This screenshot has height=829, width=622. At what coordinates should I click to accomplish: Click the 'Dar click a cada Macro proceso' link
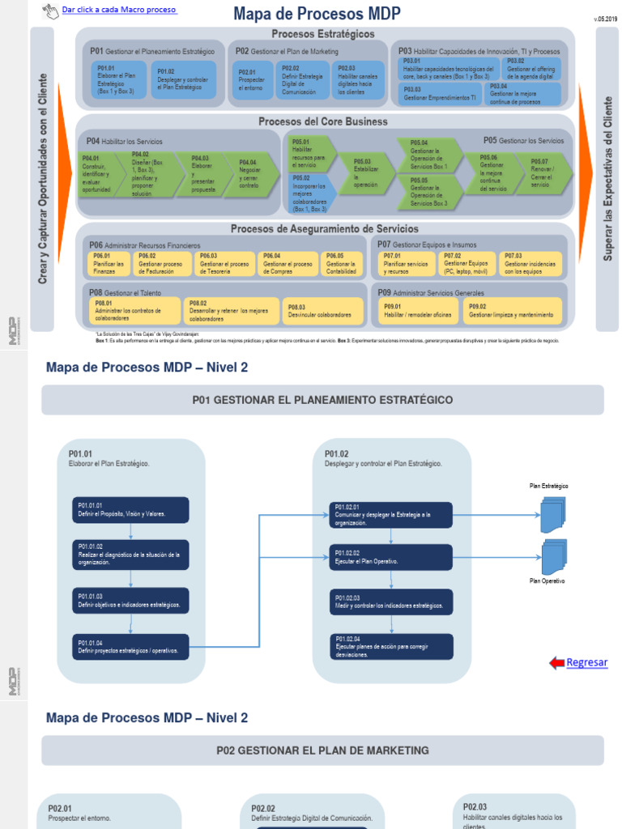(118, 10)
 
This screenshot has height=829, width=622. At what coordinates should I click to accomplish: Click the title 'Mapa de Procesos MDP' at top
(317, 14)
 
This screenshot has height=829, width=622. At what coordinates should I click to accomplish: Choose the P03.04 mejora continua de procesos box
(524, 94)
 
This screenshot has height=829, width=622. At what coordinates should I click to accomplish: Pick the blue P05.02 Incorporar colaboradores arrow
(311, 193)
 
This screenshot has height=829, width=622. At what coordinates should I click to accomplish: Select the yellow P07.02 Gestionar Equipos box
(466, 263)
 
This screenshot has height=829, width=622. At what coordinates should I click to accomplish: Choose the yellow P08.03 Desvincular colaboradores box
(324, 311)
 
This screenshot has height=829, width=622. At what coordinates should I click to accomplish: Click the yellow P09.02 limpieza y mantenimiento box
(512, 310)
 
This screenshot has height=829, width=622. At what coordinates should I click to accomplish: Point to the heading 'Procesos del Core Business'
(323, 122)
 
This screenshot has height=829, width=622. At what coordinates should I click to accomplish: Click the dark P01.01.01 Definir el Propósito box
(130, 509)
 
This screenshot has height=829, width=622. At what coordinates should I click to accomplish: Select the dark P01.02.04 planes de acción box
(392, 646)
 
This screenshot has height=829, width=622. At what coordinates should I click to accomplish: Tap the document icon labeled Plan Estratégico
(553, 514)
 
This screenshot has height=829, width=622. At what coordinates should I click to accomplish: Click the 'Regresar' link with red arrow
(586, 662)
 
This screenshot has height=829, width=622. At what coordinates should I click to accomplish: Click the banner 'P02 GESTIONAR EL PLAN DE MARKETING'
(322, 750)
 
